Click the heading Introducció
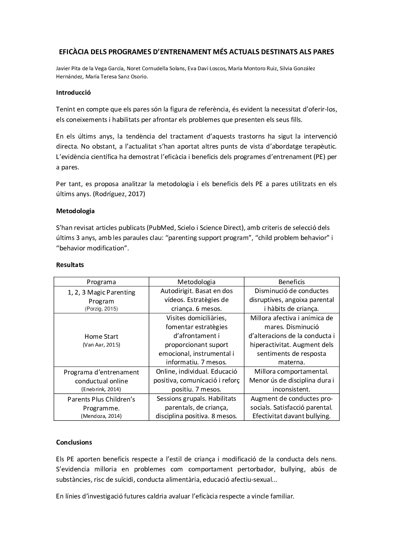tap(73, 93)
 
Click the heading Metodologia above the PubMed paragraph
tap(75, 211)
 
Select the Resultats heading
tap(70, 265)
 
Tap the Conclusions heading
tap(74, 442)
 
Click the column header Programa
tap(101, 282)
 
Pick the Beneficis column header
tap(292, 282)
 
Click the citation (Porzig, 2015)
tap(101, 309)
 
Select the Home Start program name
tap(101, 336)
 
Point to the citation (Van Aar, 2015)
tap(101, 345)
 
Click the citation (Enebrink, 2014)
tap(101, 389)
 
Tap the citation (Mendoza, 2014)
tap(101, 416)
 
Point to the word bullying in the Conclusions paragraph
tap(292, 469)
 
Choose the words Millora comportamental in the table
tap(292, 371)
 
